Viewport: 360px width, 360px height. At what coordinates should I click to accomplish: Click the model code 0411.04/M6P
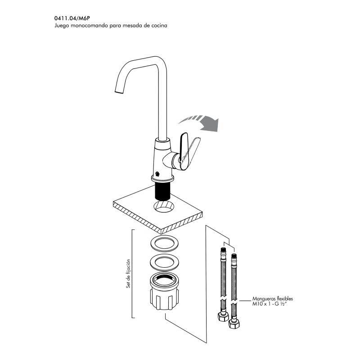[x=72, y=18]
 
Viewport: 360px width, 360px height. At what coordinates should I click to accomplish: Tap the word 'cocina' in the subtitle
[x=159, y=26]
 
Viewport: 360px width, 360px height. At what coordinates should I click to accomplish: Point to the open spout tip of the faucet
[x=119, y=92]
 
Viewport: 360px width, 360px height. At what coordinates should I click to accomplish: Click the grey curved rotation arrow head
[x=210, y=124]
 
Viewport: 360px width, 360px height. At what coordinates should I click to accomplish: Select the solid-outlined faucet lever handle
[x=184, y=151]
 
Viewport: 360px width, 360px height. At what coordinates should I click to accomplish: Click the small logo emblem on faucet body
[x=157, y=174]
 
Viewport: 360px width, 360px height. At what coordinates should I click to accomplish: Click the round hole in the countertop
[x=164, y=206]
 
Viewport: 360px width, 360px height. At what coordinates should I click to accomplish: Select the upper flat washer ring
[x=165, y=243]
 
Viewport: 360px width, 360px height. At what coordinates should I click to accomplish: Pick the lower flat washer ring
[x=164, y=262]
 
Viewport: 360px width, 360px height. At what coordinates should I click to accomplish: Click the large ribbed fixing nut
[x=164, y=291]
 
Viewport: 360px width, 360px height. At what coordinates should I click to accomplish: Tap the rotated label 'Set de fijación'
[x=128, y=274]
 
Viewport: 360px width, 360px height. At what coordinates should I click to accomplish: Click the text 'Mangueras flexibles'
[x=273, y=299]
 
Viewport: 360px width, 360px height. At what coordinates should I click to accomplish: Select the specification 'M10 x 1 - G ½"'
[x=270, y=304]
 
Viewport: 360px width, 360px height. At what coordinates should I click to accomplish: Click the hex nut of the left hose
[x=223, y=317]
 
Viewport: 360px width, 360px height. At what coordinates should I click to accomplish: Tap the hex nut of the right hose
[x=234, y=324]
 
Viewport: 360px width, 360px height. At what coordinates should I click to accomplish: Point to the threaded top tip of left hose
[x=223, y=250]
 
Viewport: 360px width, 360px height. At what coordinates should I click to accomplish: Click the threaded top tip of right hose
[x=234, y=256]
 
